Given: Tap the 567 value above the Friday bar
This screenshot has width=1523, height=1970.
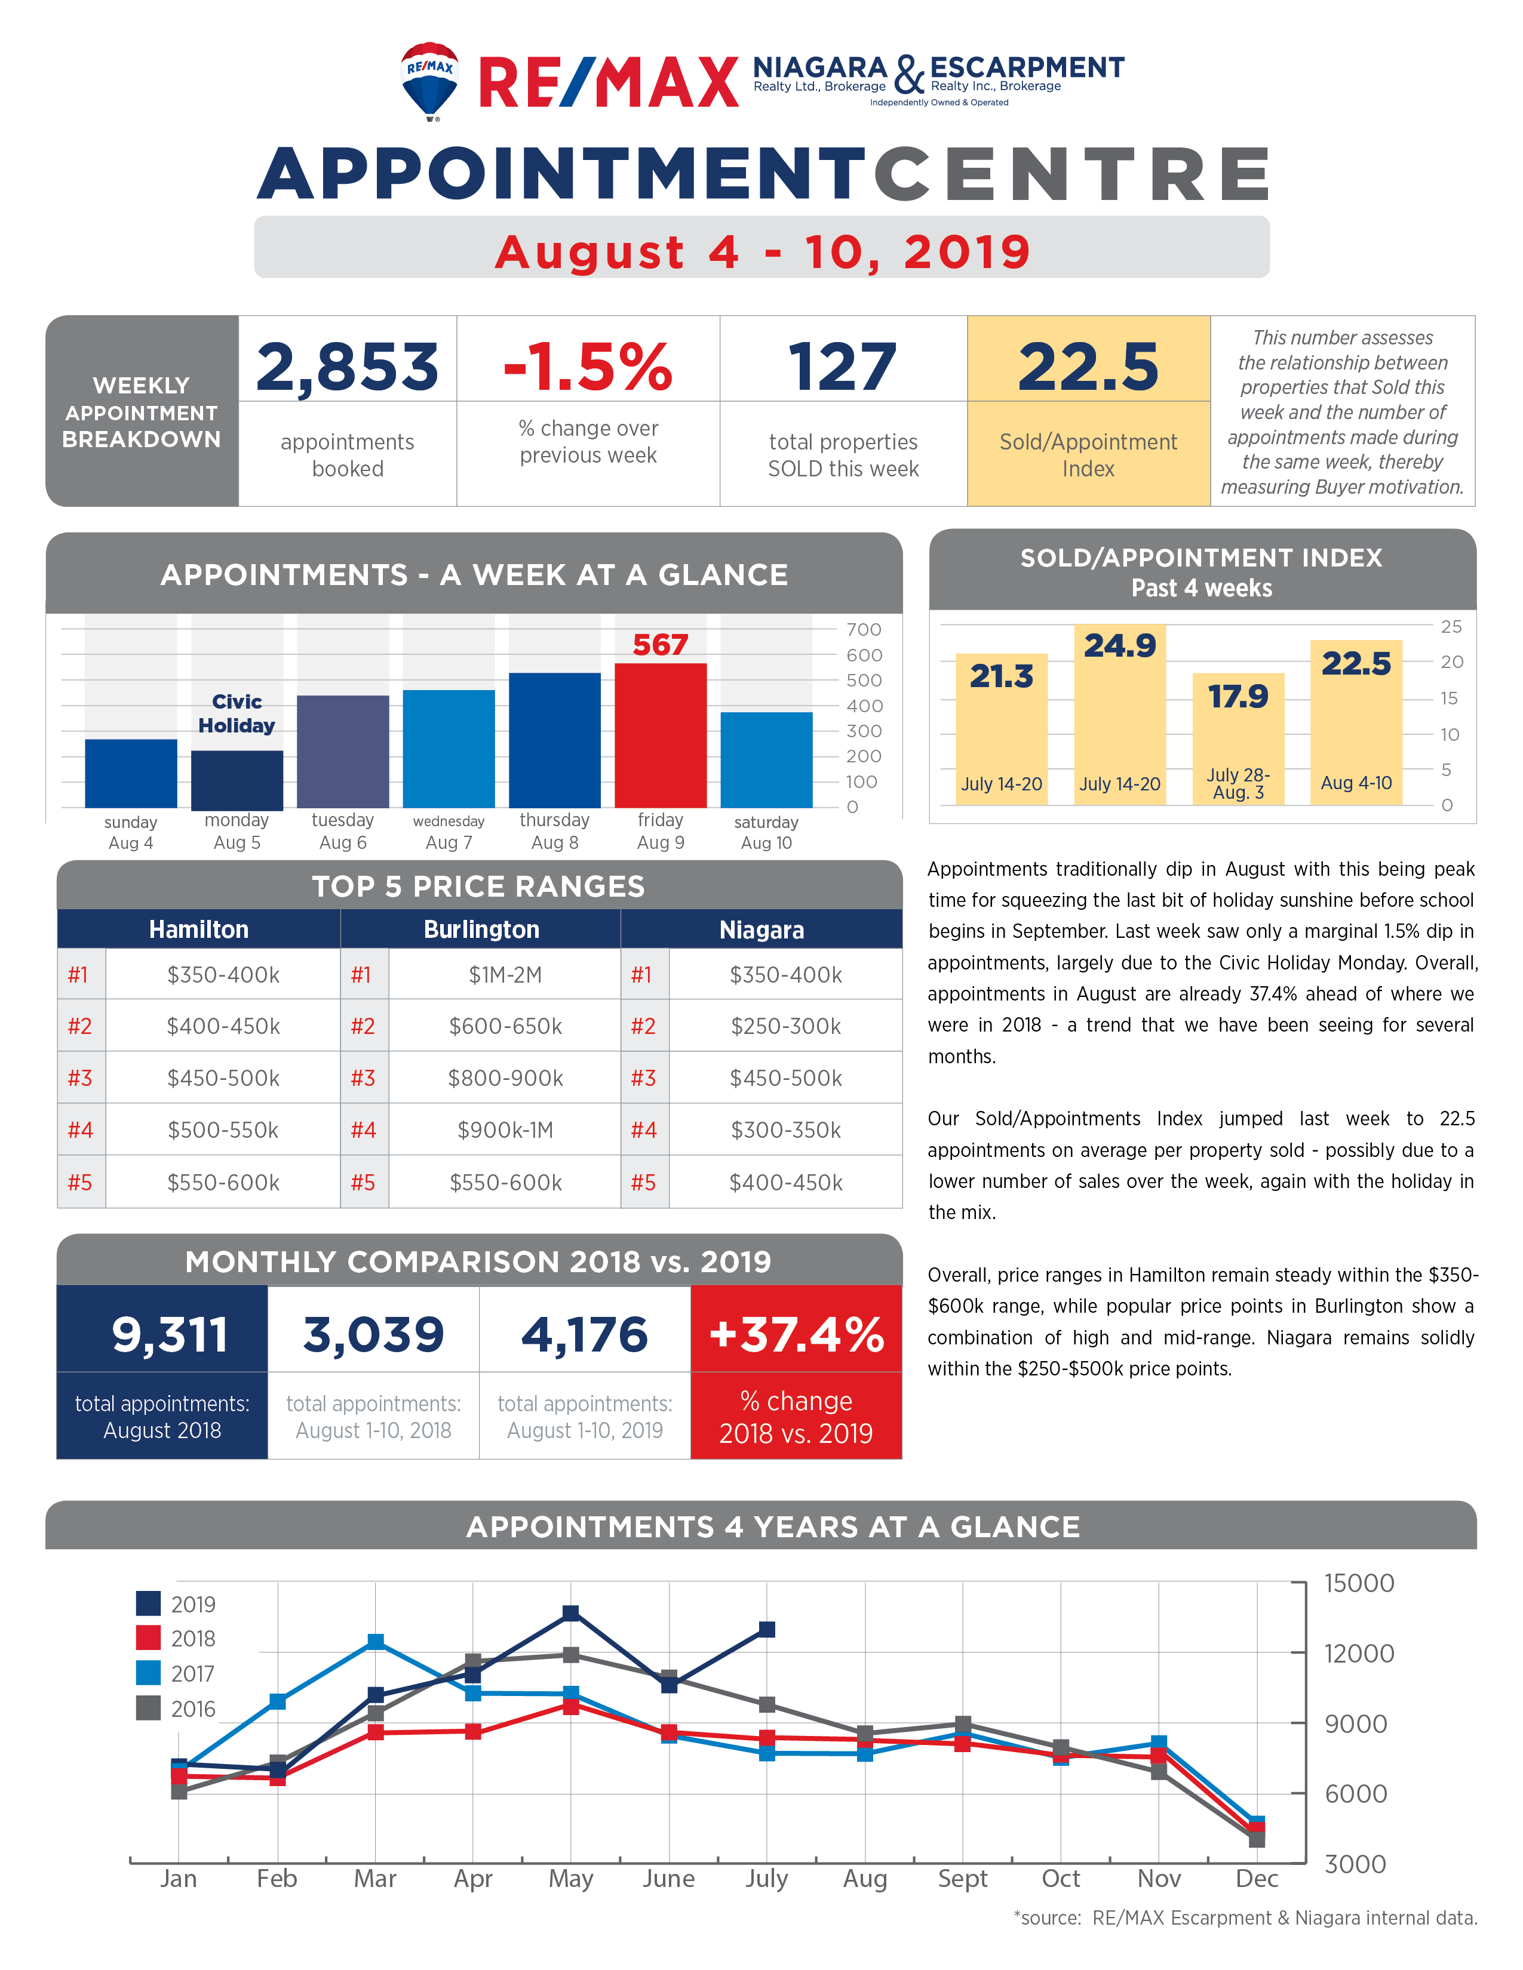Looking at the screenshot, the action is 661,645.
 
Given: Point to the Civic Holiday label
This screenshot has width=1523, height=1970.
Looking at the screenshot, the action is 237,713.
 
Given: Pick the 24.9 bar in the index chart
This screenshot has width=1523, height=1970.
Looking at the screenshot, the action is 1120,713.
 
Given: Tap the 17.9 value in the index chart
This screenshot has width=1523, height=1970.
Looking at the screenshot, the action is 1238,696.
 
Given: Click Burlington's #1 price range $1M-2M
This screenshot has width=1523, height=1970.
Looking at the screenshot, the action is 505,974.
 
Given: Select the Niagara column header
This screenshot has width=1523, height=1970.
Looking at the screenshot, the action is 761,929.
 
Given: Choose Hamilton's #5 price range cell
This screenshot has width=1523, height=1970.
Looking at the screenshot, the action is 223,1181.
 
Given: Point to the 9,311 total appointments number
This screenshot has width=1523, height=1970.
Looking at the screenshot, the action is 170,1335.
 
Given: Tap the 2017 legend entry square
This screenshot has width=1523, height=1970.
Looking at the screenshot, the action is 148,1673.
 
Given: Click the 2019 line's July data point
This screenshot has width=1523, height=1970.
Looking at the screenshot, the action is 767,1629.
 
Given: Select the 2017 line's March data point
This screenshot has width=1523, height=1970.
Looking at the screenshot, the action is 375,1642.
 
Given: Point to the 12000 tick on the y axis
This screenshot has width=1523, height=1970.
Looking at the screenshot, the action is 1359,1654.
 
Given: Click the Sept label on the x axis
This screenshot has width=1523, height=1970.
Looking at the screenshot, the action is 963,1878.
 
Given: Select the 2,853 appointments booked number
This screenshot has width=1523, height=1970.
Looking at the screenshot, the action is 348,367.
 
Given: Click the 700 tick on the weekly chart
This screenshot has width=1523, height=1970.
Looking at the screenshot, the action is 864,630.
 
